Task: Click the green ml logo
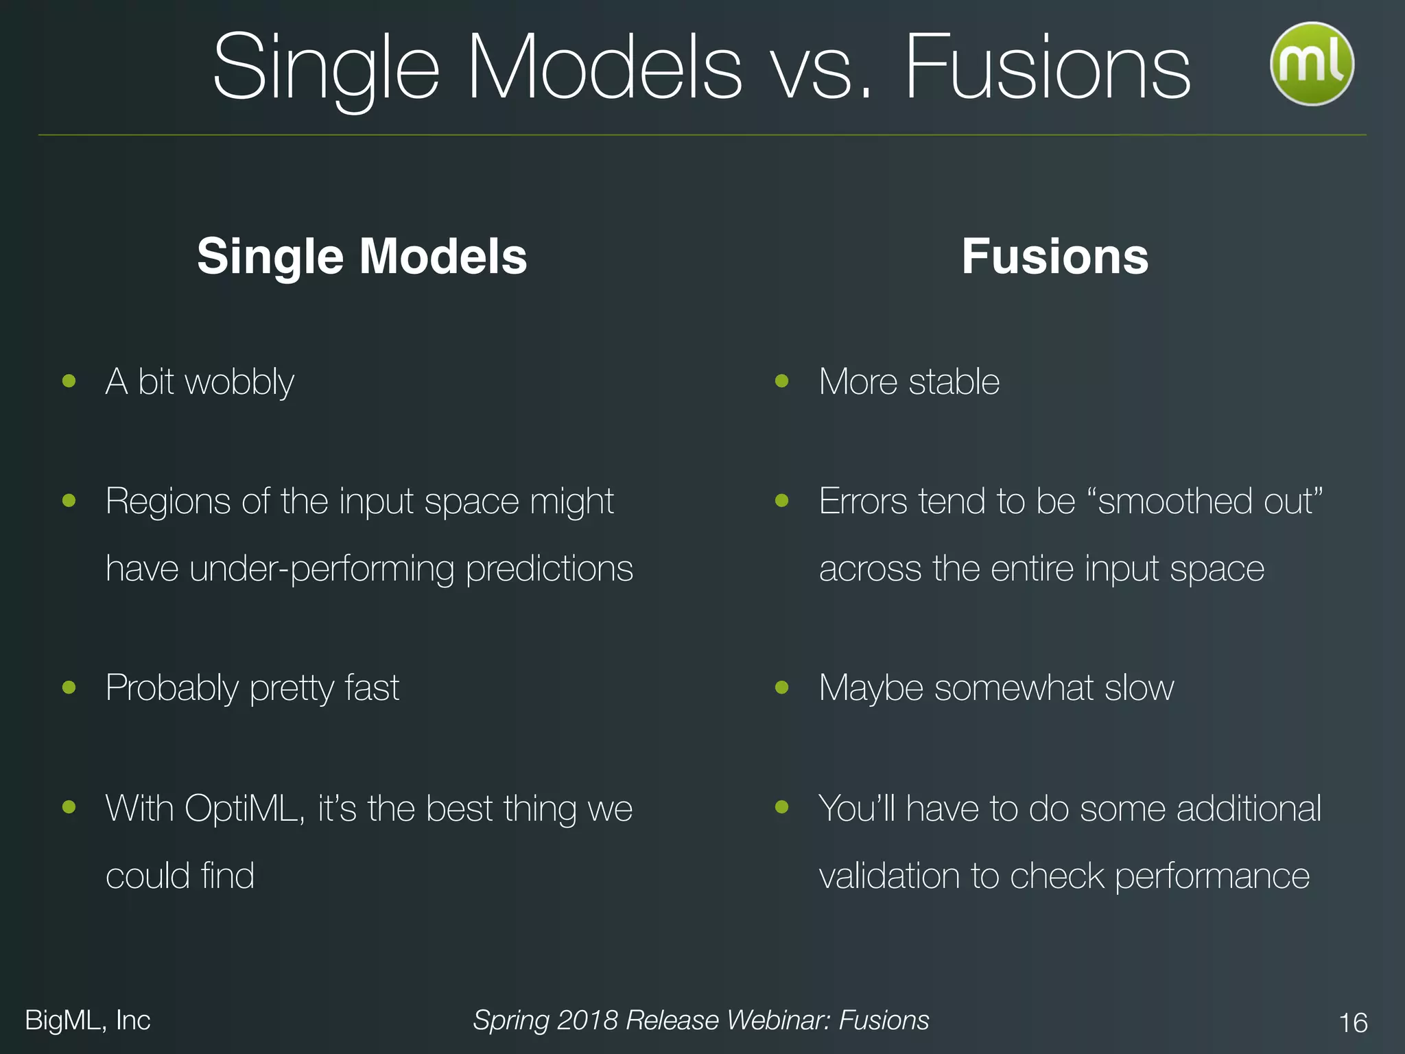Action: point(1312,64)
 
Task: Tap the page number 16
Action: point(1353,1022)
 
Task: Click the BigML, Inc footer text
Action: point(88,1020)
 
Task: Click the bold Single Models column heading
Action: point(362,257)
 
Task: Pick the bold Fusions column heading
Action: point(1054,257)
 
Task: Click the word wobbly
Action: point(239,382)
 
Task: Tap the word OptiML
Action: point(244,809)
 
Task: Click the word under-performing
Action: point(322,570)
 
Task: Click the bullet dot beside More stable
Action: point(781,381)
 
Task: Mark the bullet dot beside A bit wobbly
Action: point(69,381)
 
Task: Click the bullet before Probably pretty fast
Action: point(69,687)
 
